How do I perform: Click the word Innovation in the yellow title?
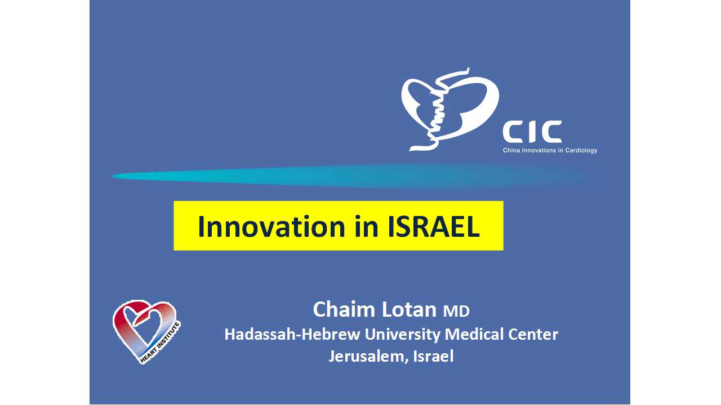coord(272,227)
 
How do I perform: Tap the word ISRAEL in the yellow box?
coord(434,227)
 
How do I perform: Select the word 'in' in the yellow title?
coord(367,227)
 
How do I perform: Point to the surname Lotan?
coord(409,309)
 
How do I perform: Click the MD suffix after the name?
coord(456,312)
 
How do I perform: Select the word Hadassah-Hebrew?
coord(292,334)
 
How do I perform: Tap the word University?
coord(402,335)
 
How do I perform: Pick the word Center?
coord(533,334)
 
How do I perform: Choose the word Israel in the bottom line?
coord(433,356)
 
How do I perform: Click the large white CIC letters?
coord(532,132)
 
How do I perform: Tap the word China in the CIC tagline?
coord(511,150)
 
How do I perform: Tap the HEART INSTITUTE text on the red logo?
coord(161,343)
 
